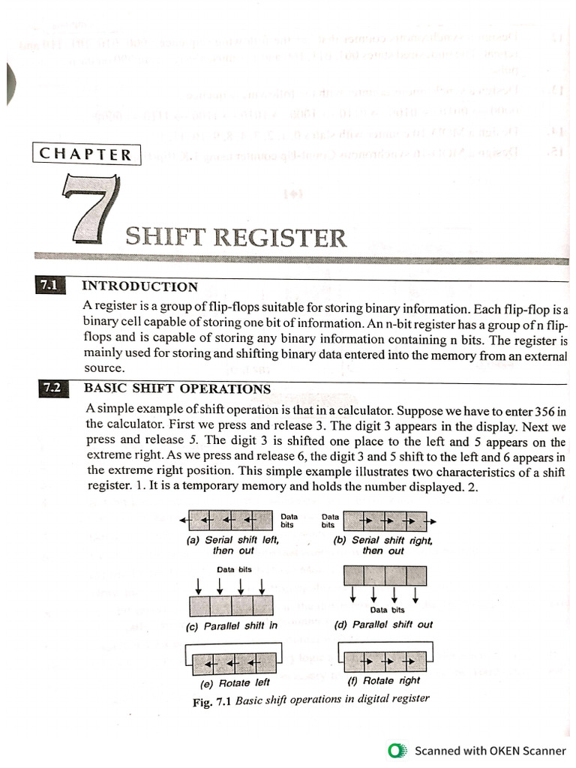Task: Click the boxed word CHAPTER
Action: pyautogui.click(x=85, y=154)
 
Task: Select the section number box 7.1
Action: pyautogui.click(x=49, y=286)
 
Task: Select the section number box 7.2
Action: pyautogui.click(x=51, y=388)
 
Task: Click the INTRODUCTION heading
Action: pyautogui.click(x=139, y=286)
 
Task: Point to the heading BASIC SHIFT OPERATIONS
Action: pyautogui.click(x=177, y=388)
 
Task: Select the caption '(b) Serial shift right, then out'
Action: pyautogui.click(x=382, y=544)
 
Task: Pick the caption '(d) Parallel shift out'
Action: pyautogui.click(x=382, y=625)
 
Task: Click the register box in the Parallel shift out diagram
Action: pyautogui.click(x=384, y=576)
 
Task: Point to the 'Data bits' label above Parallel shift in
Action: pyautogui.click(x=234, y=569)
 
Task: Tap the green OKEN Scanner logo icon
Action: pyautogui.click(x=397, y=751)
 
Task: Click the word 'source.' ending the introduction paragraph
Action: pyautogui.click(x=104, y=369)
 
